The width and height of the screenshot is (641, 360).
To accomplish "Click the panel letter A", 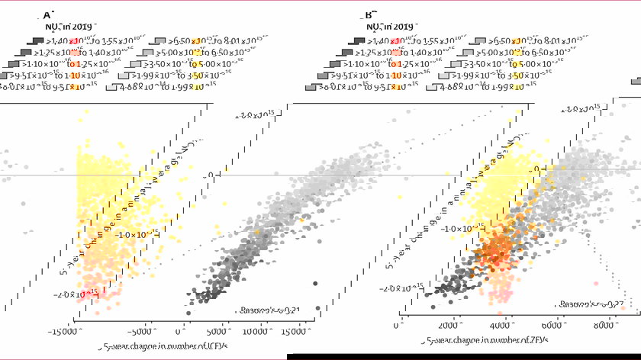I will click(48, 14).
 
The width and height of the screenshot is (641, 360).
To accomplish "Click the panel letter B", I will click(370, 14).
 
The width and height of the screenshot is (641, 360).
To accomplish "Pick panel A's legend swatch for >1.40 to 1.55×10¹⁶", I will click(36, 40).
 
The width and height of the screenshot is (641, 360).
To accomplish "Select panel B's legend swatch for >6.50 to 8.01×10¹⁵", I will click(480, 40).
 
